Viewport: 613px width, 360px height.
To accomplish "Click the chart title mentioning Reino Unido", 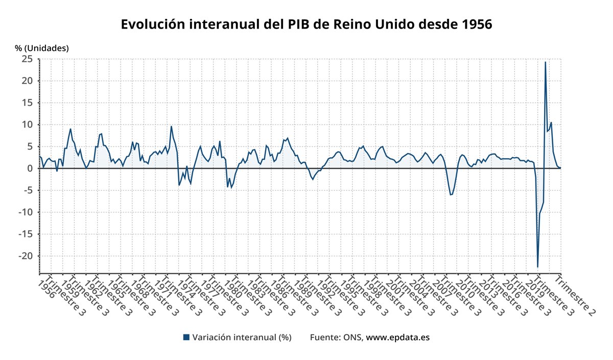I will [306, 24].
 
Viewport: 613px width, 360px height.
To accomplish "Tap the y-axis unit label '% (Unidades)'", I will [41, 48].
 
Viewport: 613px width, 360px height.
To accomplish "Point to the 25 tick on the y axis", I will [27, 59].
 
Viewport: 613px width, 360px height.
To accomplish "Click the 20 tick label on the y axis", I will [27, 81].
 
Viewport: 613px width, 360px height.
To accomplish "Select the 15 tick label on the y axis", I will [28, 103].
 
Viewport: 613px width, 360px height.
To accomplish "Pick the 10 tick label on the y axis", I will [27, 125].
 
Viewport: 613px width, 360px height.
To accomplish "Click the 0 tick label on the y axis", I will [30, 169].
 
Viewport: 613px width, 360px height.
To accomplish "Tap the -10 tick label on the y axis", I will [26, 212].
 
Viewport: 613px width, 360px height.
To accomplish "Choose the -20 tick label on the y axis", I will [26, 256].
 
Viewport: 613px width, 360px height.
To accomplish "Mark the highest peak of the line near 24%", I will [545, 62].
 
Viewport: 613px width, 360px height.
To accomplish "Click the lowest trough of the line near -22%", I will [537, 267].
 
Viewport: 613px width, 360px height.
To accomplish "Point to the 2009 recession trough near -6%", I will [451, 195].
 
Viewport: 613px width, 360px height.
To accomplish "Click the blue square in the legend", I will [186, 338].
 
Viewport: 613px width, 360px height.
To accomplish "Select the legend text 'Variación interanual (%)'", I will [242, 338].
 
